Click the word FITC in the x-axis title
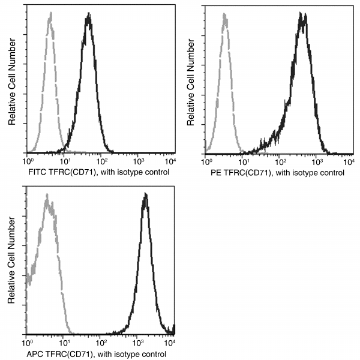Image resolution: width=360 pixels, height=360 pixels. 35,172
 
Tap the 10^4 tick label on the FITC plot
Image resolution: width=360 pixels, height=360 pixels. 171,161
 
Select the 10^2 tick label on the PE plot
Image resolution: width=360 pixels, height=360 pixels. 280,161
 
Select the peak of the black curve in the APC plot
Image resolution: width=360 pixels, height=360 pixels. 145,194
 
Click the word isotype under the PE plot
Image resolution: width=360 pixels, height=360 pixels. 301,172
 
